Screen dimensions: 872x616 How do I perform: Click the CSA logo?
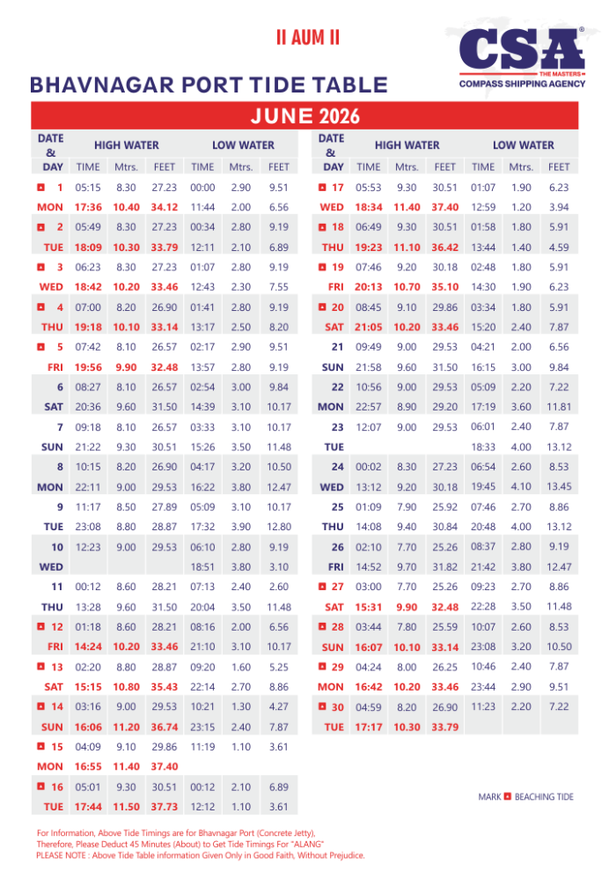coord(516,49)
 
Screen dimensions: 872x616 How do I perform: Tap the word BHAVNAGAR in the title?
coord(88,85)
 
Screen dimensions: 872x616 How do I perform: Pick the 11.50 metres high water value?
coord(126,807)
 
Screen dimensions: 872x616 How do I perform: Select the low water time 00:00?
coord(202,188)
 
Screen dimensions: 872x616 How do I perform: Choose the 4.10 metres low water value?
coord(521,487)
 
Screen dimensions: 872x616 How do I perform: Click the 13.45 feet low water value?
coord(559,487)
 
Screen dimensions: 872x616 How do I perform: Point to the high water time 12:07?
coord(367,427)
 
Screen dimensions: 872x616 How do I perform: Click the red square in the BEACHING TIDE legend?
coord(507,797)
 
